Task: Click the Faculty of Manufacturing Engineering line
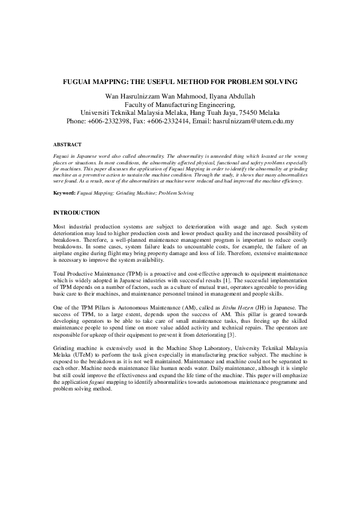[180, 104]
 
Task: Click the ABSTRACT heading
[65, 146]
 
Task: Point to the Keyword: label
[64, 193]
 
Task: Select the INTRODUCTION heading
[76, 213]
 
